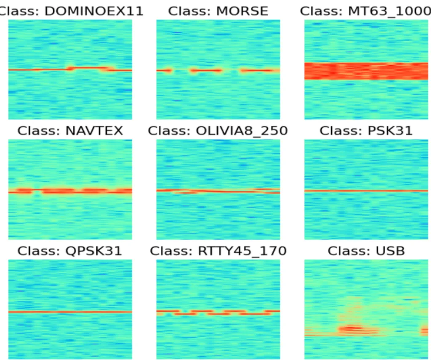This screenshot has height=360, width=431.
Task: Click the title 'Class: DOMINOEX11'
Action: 71,11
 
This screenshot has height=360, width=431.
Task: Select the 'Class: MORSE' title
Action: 218,11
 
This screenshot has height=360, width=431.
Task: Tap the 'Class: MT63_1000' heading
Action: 365,11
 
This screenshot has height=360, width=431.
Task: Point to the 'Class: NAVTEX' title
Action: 70,131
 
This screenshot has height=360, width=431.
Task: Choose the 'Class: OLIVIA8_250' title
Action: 218,131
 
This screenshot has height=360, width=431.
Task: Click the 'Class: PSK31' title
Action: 366,131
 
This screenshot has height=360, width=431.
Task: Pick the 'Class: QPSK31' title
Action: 70,251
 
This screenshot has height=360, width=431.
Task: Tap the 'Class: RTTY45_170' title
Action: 218,251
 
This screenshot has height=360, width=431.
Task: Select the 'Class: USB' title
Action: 366,251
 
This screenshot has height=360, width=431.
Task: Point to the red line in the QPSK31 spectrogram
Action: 70,312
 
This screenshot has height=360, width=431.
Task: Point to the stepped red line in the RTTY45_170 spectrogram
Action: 218,312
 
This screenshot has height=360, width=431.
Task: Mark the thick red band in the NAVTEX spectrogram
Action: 70,191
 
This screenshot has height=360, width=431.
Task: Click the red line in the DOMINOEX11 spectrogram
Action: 70,69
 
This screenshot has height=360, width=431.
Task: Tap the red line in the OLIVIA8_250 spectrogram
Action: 218,191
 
